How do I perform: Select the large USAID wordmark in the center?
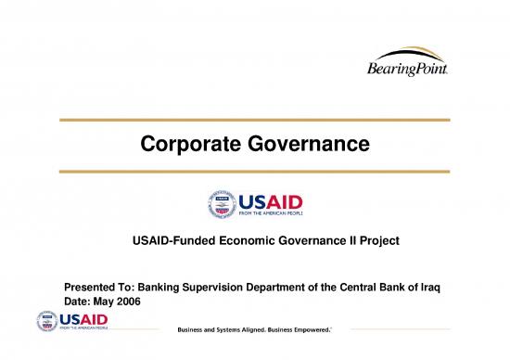271,201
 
